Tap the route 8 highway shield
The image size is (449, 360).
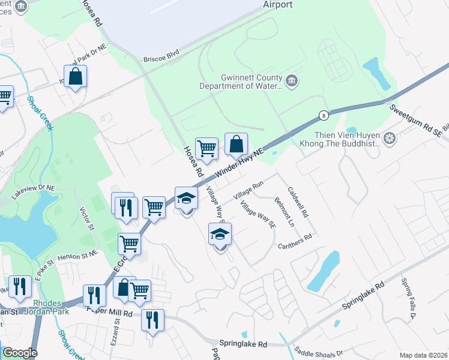324,115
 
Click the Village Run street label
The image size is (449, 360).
249,193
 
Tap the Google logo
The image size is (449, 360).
19,353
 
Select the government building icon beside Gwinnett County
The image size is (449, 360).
292,81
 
